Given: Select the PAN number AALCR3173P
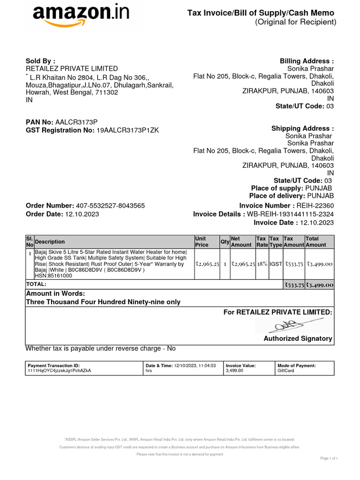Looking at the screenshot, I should pyautogui.click(x=76, y=122).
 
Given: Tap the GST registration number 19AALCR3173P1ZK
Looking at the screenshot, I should pyautogui.click(x=127, y=130).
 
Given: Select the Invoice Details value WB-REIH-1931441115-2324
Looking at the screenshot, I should pyautogui.click(x=290, y=214).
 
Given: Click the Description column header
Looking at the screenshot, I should pyautogui.click(x=50, y=242).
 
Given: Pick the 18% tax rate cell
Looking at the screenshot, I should pyautogui.click(x=262, y=264).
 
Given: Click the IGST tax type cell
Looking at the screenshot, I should pyautogui.click(x=276, y=264).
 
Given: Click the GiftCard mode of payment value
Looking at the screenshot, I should pyautogui.click(x=286, y=370).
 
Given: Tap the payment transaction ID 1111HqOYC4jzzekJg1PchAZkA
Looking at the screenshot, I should pyautogui.click(x=60, y=370).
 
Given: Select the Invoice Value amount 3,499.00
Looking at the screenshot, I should pyautogui.click(x=234, y=370).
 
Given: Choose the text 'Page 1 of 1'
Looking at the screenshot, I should pyautogui.click(x=329, y=458).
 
